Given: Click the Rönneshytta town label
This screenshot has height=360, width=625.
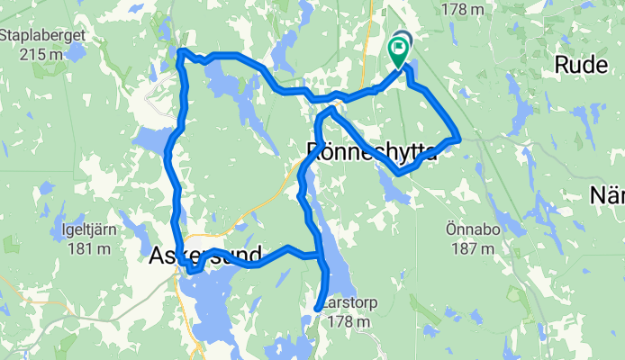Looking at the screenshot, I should coord(372,151).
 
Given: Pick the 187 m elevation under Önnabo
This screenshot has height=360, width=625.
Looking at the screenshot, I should coord(473,245).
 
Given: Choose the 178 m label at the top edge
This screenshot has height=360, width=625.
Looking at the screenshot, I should coord(465,10).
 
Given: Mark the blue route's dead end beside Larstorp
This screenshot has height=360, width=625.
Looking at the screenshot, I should coord(317,309).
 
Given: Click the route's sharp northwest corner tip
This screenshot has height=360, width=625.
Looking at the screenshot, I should coord(181,51).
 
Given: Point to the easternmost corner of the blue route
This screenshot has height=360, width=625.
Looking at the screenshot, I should coord(458,138).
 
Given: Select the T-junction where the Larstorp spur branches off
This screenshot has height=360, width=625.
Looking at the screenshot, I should coord(320,256).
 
